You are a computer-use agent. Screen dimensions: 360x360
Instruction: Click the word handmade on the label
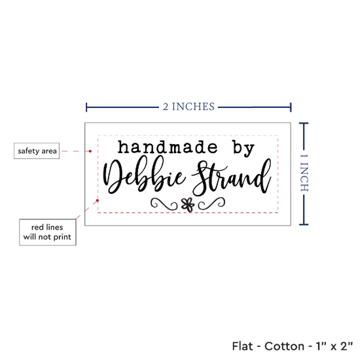coord(168,147)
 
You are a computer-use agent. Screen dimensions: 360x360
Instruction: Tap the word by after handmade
coord(243,149)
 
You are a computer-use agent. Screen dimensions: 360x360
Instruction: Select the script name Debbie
coord(144,175)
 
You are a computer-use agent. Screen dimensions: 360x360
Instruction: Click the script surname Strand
coord(232,177)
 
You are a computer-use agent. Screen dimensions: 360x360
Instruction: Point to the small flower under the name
coord(188,205)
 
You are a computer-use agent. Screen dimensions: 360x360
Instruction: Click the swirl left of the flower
coord(164,204)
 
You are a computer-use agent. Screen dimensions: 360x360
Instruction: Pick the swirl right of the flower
coord(211,204)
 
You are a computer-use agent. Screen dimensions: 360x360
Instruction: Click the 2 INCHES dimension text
coord(189,107)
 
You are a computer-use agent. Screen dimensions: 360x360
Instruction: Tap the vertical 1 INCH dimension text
coord(304,173)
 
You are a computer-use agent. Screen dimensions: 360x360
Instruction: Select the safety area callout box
coord(37,151)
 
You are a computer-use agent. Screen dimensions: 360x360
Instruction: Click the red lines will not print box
coord(48,232)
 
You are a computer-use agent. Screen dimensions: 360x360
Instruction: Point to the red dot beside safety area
coord(90,151)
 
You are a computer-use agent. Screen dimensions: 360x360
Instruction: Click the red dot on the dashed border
coord(98,200)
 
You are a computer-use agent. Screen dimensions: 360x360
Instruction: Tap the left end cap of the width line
coord(86,107)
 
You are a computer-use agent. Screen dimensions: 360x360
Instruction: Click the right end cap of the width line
coord(291,107)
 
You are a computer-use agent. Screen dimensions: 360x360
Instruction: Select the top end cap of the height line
coord(304,124)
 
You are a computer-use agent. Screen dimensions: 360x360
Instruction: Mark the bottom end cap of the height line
coord(304,225)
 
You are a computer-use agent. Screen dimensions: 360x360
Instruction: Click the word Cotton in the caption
coord(284,346)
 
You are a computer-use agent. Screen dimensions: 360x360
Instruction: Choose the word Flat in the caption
coord(242,346)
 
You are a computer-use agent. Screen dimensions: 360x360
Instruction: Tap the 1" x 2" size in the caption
coord(334,346)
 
